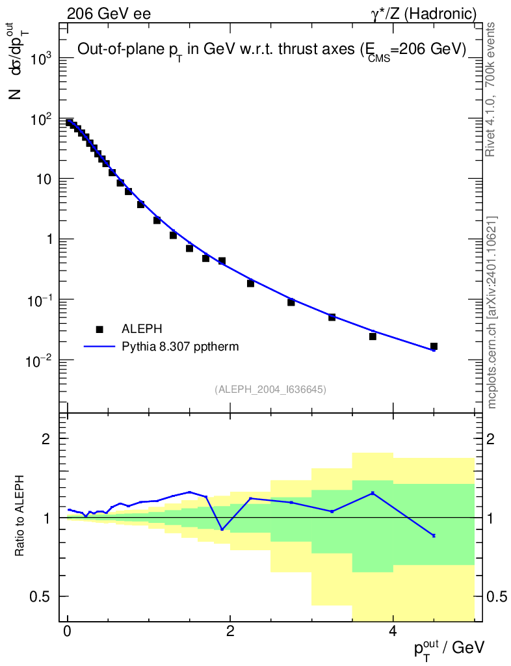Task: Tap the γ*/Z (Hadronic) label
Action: (424, 13)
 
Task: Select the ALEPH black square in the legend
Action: (99, 330)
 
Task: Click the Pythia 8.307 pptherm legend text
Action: (181, 347)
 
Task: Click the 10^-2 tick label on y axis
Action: (38, 360)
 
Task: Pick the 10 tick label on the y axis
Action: (42, 180)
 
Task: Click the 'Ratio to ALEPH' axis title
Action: (21, 518)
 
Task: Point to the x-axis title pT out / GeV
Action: (449, 648)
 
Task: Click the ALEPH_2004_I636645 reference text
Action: (270, 390)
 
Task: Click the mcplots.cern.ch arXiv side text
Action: (491, 312)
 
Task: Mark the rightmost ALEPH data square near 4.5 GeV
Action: (434, 347)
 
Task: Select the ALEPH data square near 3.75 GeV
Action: (373, 336)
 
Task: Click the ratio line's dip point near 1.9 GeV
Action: (222, 529)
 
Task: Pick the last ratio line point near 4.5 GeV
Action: (434, 535)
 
